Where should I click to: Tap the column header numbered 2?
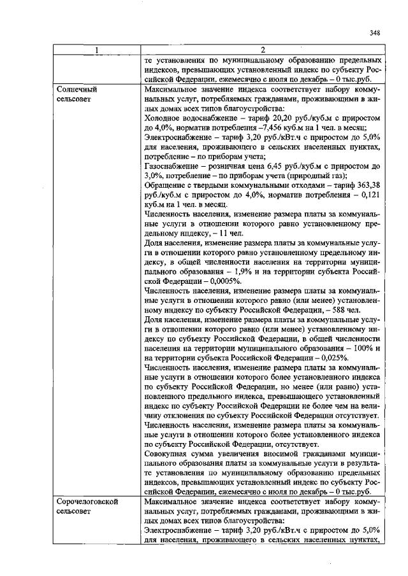[x=263, y=51]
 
